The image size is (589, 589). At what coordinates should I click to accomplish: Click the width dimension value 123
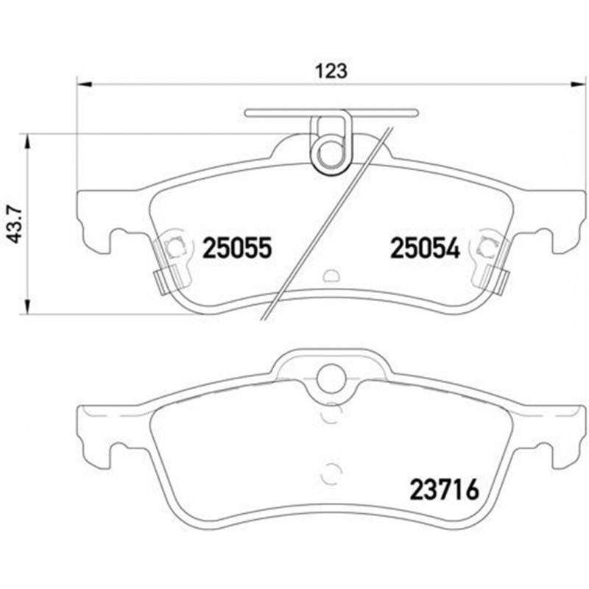click(x=331, y=71)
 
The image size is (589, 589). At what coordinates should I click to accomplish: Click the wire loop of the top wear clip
click(x=328, y=153)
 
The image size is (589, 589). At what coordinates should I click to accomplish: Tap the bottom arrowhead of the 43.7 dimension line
click(x=27, y=309)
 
